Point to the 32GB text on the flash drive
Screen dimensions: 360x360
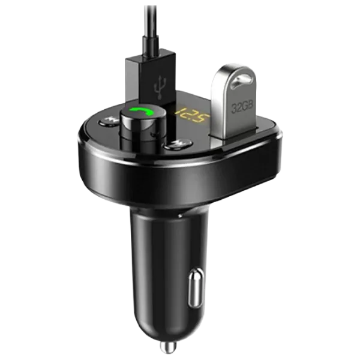(x=242, y=107)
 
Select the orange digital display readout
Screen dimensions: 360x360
(x=193, y=115)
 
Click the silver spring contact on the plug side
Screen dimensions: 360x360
(x=196, y=289)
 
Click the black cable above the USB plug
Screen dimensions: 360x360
(x=151, y=21)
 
